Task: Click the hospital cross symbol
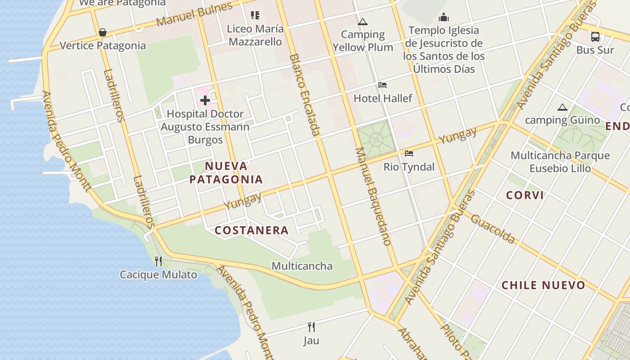tap(205, 100)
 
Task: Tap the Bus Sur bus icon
tap(595, 37)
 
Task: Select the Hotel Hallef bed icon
tap(382, 85)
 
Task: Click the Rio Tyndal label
tap(409, 167)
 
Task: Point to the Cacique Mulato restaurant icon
tap(158, 261)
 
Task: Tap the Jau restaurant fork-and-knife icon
tap(310, 327)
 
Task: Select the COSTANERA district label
tap(252, 230)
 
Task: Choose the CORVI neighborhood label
tap(525, 195)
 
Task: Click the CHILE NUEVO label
tap(543, 285)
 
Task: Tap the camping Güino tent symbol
tap(562, 107)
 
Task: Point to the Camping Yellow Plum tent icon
tap(363, 22)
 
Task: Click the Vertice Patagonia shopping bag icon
tap(103, 32)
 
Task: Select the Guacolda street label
tap(493, 229)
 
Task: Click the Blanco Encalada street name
tap(305, 94)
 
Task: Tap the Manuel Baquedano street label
tap(373, 196)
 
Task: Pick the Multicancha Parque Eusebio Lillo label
tap(560, 162)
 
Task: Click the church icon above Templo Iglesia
tap(444, 18)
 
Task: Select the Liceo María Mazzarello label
tap(255, 35)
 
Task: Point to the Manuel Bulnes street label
tap(194, 14)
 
